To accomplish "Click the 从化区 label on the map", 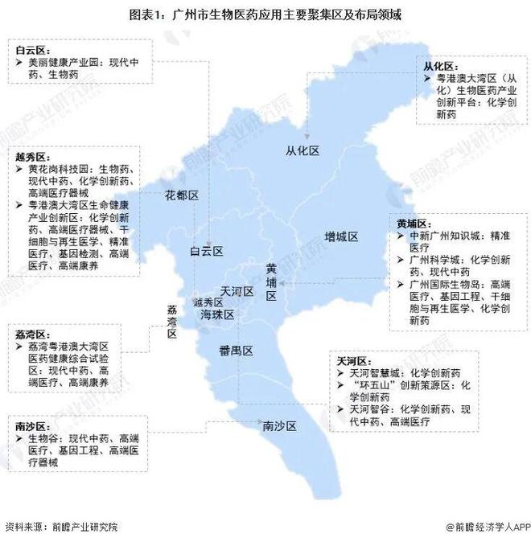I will tap(303, 151).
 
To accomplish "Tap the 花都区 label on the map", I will tap(182, 195).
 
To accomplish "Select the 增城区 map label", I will tap(341, 236).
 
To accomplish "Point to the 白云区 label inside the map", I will tap(206, 252).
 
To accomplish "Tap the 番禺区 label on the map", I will tap(237, 351).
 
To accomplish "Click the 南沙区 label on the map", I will tap(280, 425).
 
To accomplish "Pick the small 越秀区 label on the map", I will tap(206, 302).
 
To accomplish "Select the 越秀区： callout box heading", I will tap(31, 156).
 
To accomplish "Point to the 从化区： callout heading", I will tap(441, 65).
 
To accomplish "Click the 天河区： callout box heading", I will tap(352, 361).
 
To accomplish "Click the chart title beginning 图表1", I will tap(265, 14).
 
